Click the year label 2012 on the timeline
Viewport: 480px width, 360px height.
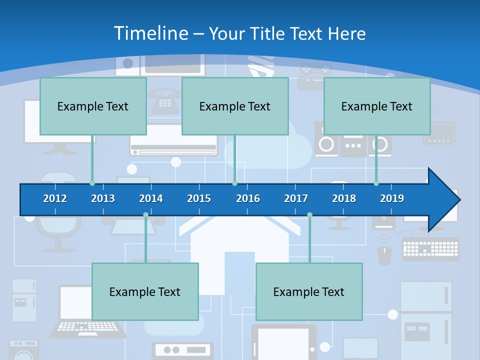point(55,198)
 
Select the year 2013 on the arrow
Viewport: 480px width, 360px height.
point(103,198)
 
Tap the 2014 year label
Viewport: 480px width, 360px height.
point(151,198)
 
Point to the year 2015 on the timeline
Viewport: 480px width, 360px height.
point(199,198)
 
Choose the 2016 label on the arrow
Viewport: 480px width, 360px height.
point(248,198)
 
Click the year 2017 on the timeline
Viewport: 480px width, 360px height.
point(296,198)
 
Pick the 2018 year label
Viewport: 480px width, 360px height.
point(344,198)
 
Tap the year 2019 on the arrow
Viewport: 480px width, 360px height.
point(392,198)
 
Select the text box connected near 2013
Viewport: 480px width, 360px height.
point(93,106)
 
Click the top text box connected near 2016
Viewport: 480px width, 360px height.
point(235,106)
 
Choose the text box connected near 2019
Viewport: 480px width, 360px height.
point(377,106)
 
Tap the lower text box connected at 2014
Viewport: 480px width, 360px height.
point(145,291)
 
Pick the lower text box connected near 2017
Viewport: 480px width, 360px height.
point(309,291)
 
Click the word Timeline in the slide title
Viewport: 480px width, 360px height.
point(150,33)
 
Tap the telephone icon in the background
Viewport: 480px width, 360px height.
point(163,100)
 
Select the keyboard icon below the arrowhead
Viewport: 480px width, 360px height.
point(430,248)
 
